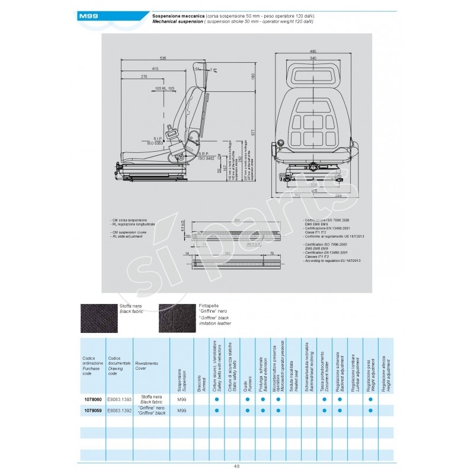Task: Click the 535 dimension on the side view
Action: click(x=162, y=57)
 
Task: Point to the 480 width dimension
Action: click(x=313, y=52)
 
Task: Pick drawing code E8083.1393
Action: click(x=120, y=400)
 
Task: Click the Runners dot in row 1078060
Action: click(x=246, y=400)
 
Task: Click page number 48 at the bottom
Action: click(x=237, y=466)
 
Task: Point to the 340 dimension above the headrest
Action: click(x=313, y=58)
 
